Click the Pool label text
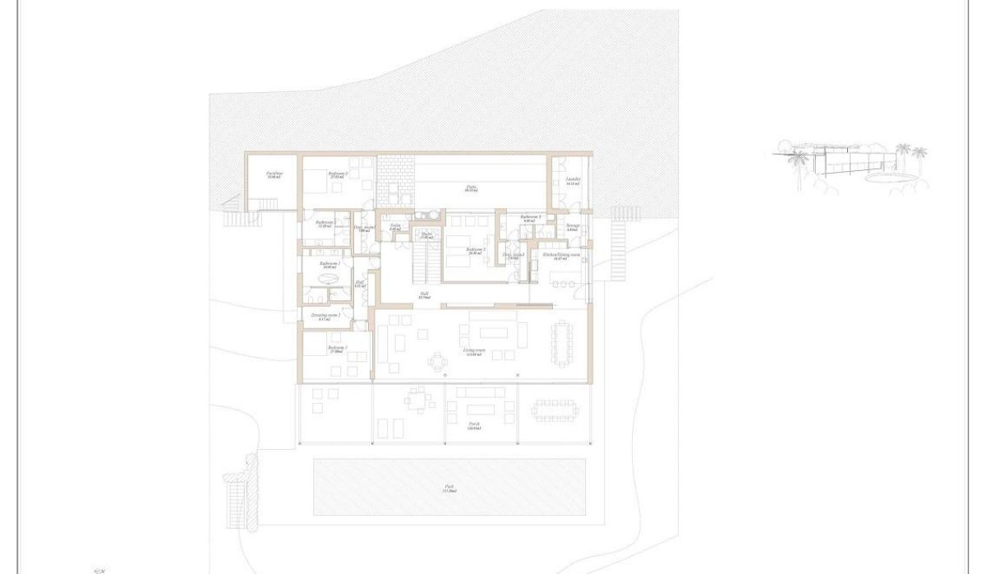point(449,487)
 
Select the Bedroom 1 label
point(337,348)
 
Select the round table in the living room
point(436,359)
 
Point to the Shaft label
point(426,234)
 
